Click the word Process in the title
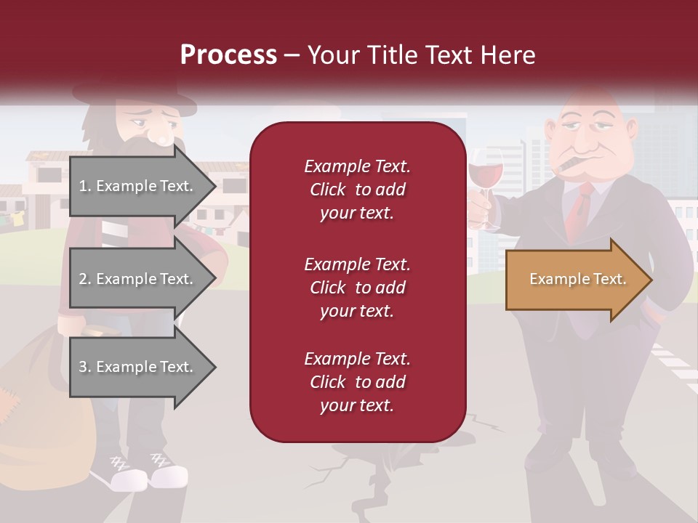click(x=228, y=54)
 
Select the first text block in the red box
click(x=357, y=190)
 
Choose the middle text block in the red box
click(x=357, y=288)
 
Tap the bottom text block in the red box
click(x=357, y=382)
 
